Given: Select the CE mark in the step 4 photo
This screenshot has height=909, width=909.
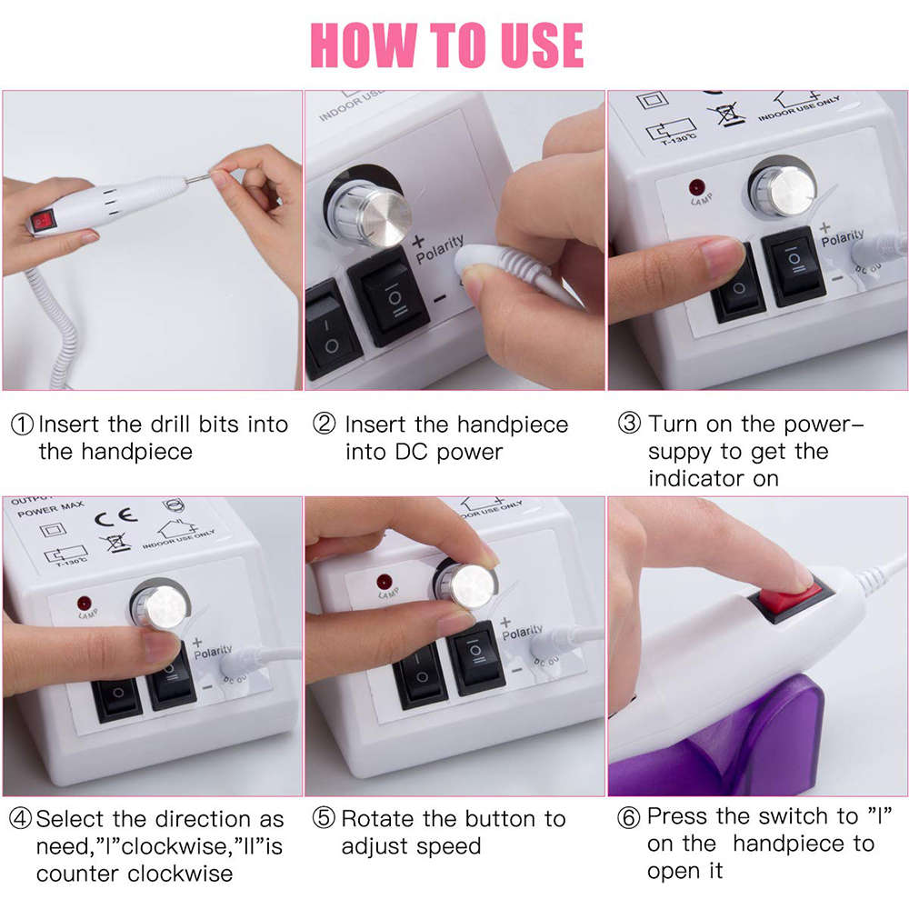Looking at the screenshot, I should [x=122, y=517].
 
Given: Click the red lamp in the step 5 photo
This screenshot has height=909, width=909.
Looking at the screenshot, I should [x=384, y=580].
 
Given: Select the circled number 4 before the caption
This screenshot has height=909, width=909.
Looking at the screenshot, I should [x=21, y=819].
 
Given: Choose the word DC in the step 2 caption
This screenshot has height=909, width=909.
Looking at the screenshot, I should [x=364, y=452].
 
